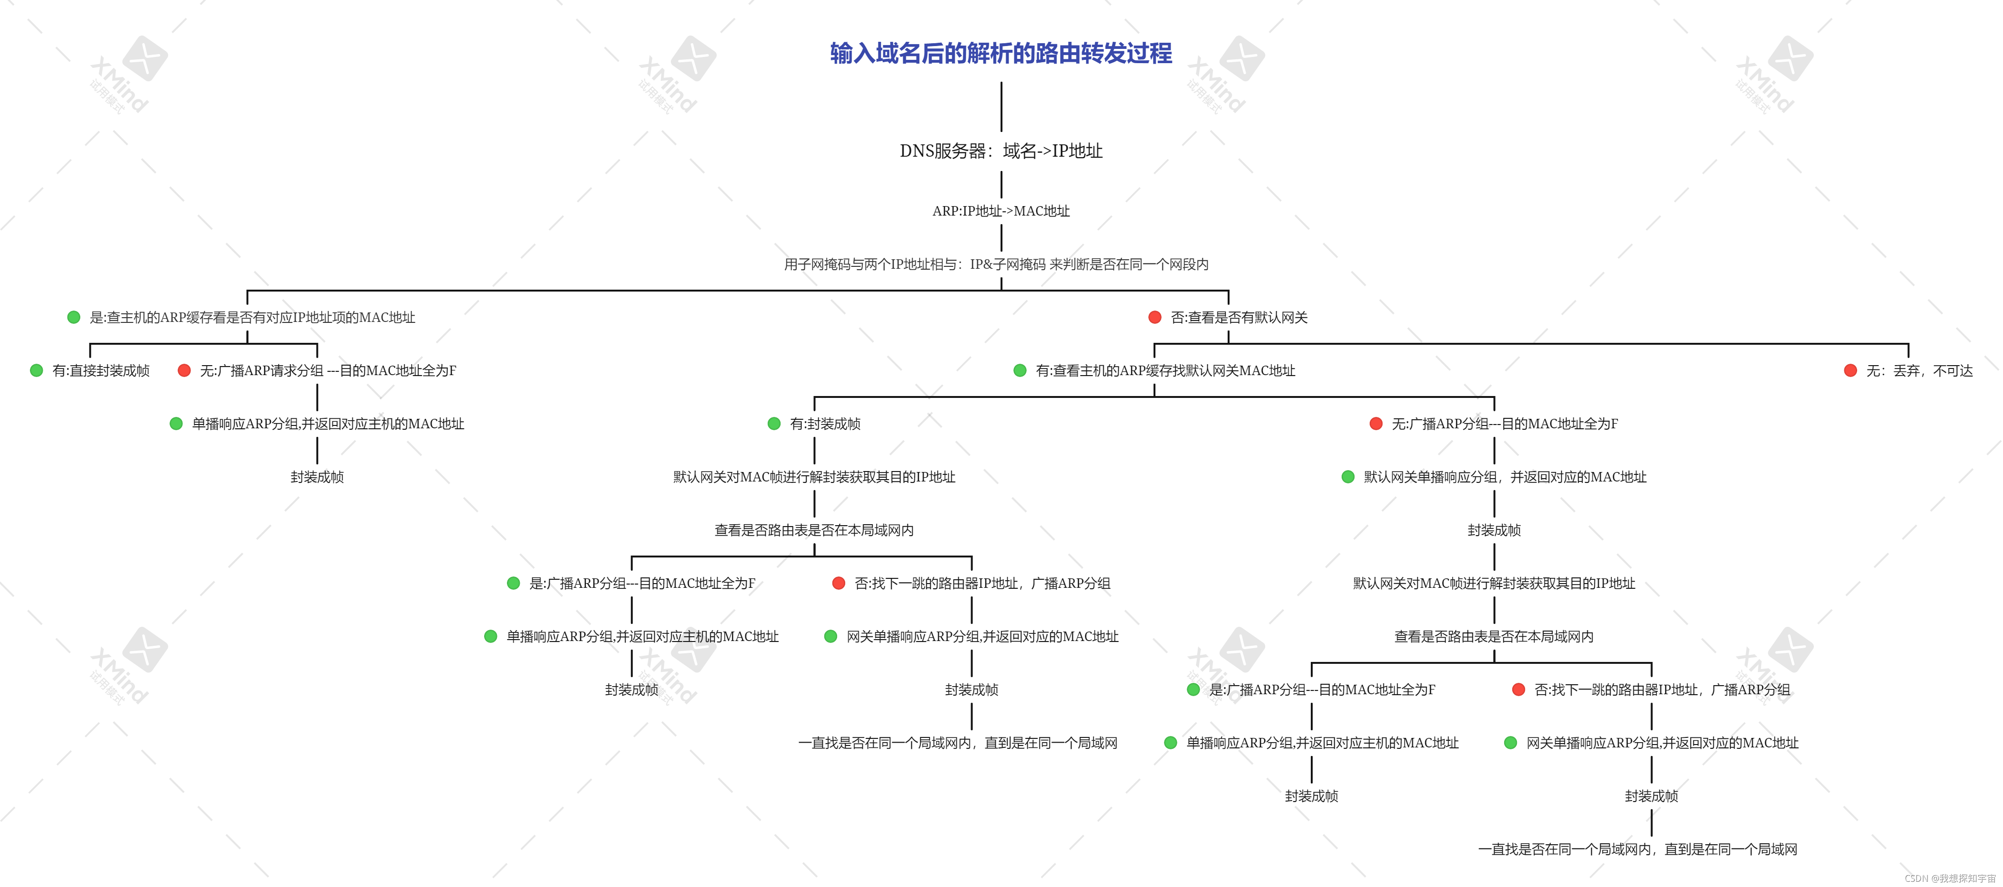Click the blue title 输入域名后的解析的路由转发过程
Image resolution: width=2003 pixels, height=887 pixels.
pyautogui.click(x=1001, y=53)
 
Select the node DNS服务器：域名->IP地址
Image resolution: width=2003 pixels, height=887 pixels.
pyautogui.click(x=1001, y=151)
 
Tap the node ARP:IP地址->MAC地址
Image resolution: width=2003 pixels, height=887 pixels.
pyautogui.click(x=1001, y=211)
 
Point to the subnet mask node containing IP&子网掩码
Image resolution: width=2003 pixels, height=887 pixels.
pyautogui.click(x=996, y=264)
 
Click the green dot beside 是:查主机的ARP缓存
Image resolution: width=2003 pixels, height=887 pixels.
pyautogui.click(x=74, y=317)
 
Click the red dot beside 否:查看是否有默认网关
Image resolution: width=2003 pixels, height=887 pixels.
pyautogui.click(x=1154, y=317)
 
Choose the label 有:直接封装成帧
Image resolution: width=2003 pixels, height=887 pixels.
pyautogui.click(x=101, y=371)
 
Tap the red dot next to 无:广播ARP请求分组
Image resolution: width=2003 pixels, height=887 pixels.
pyautogui.click(x=184, y=371)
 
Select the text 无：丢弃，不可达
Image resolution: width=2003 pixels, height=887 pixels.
pyautogui.click(x=1919, y=371)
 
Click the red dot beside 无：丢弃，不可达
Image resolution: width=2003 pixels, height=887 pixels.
pyautogui.click(x=1850, y=371)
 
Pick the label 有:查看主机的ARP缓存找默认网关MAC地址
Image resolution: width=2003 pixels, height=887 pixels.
pyautogui.click(x=1165, y=371)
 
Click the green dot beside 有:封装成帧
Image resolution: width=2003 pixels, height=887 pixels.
pyautogui.click(x=773, y=424)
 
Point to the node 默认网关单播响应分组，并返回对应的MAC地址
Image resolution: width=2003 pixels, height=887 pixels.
pyautogui.click(x=1505, y=477)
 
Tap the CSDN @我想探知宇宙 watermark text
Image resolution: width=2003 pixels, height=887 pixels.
pyautogui.click(x=1950, y=878)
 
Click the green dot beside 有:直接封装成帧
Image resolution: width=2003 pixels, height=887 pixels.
pyautogui.click(x=37, y=371)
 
